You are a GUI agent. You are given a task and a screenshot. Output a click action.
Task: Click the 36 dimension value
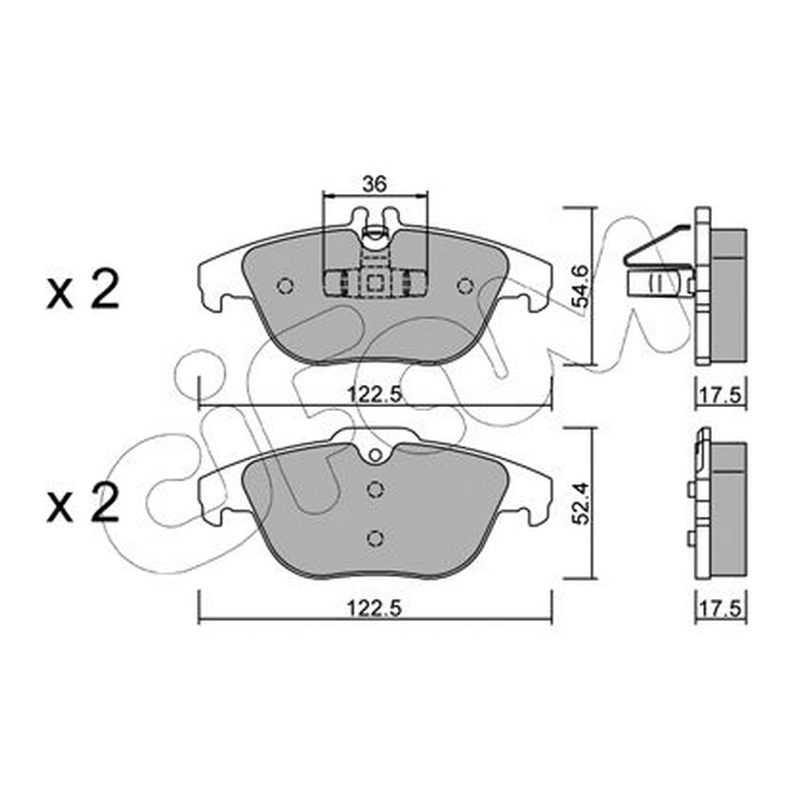(375, 184)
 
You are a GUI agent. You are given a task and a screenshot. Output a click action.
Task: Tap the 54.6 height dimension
(579, 286)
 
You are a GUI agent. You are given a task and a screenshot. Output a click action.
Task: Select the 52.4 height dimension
(579, 504)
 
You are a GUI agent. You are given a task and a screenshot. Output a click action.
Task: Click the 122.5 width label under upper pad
(374, 394)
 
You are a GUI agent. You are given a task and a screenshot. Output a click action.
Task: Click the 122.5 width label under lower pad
(374, 609)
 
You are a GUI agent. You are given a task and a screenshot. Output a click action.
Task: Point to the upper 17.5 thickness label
(721, 394)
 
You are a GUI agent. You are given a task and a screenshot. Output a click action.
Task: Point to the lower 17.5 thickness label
(721, 609)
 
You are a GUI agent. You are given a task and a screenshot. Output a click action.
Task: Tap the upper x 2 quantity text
(83, 290)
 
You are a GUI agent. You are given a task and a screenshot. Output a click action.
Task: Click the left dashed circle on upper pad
(285, 286)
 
